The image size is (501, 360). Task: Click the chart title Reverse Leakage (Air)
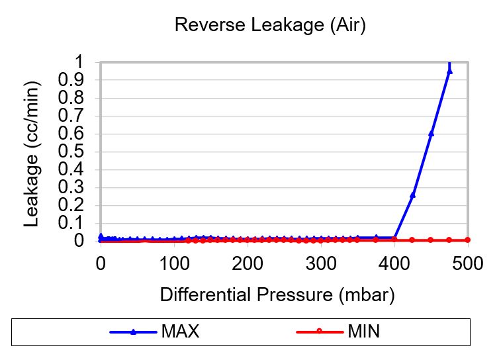coord(269,26)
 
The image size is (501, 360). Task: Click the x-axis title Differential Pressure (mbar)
coord(277,295)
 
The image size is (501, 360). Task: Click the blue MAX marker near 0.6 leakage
coord(431,133)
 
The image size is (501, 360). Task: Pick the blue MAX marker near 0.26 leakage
coord(413,195)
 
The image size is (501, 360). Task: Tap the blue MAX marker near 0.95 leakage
coord(449,71)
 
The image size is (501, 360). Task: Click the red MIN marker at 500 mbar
coord(467,240)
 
